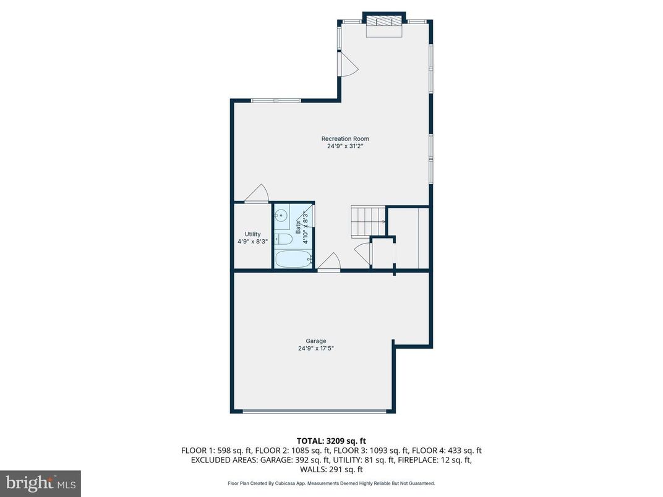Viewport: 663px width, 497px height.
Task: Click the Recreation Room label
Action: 345,138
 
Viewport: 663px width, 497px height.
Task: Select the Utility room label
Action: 252,234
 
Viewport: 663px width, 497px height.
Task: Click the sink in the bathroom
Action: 281,216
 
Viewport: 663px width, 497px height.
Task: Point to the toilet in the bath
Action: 284,239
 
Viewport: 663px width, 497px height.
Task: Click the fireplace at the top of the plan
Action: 384,22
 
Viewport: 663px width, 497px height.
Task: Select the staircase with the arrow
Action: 367,221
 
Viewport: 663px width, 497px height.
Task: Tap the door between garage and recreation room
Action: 329,263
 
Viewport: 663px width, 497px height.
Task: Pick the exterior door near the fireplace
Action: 348,64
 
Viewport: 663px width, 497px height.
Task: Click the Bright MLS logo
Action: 40,483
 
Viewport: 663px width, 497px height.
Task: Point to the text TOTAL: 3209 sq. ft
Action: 331,441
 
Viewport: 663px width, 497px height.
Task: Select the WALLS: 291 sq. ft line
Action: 331,469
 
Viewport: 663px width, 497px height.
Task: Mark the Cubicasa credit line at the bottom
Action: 331,483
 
